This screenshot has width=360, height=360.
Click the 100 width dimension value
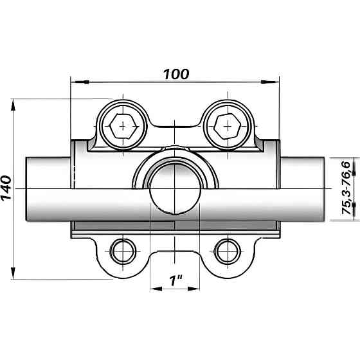(176, 74)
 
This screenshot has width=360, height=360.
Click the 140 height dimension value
(6, 188)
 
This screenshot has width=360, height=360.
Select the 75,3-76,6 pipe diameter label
(346, 188)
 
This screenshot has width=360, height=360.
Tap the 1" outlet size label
(175, 280)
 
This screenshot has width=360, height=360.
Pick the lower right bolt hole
(227, 251)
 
